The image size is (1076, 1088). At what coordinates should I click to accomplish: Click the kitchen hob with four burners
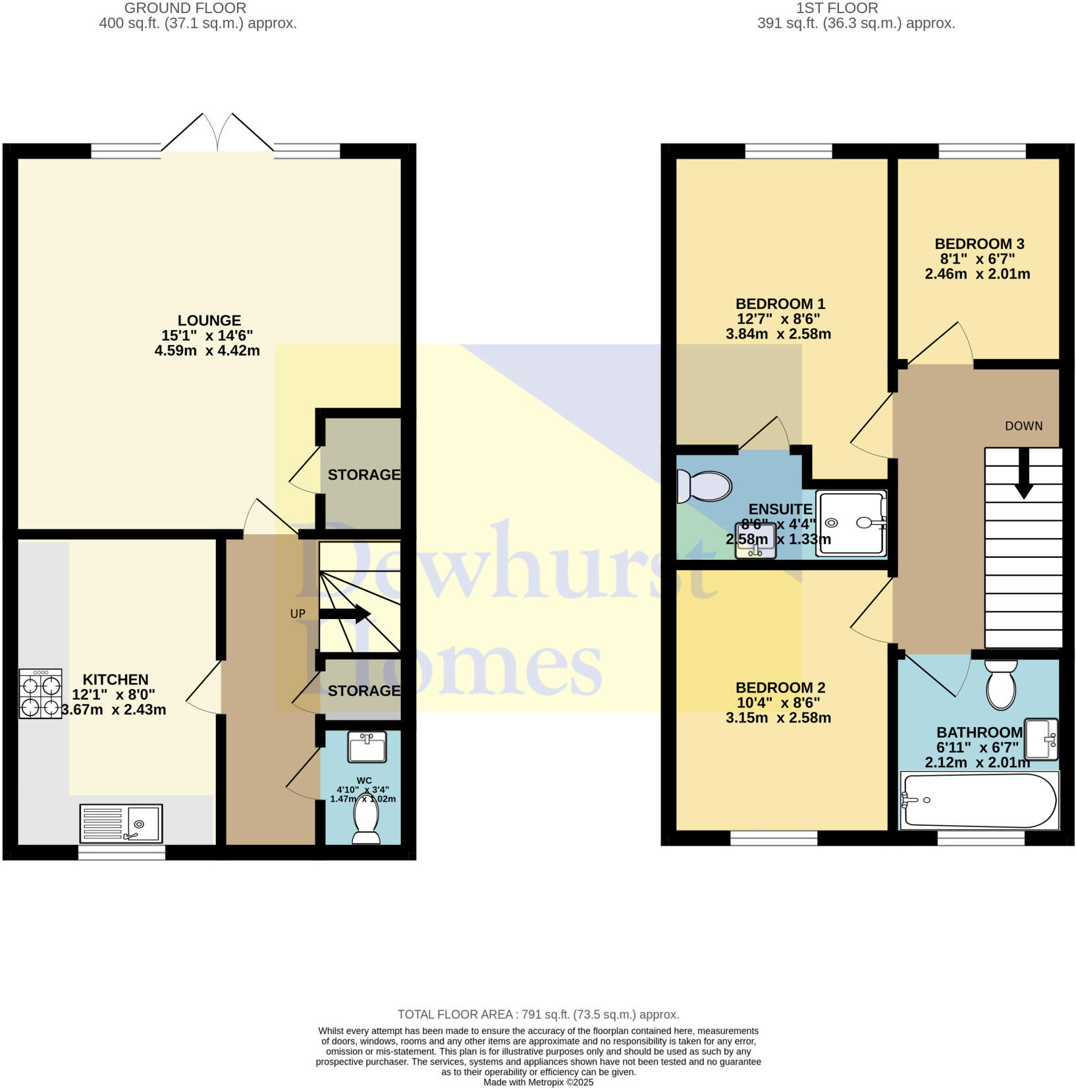(40, 694)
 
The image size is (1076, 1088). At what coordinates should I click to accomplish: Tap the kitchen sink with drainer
(121, 823)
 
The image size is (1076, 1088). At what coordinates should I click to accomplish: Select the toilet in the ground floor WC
(366, 820)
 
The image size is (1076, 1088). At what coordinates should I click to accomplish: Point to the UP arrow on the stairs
(345, 614)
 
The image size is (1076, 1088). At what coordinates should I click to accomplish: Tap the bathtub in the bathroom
(979, 800)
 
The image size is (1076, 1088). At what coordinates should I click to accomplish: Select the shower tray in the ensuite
(851, 523)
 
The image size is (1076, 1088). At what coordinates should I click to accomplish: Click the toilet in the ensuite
(704, 487)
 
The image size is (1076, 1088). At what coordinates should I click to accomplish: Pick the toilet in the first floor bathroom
(1001, 686)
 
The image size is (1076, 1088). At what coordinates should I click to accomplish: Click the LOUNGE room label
(209, 321)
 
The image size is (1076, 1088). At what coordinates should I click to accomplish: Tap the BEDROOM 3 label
(979, 244)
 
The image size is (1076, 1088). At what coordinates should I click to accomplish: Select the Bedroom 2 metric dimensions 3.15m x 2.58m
(778, 718)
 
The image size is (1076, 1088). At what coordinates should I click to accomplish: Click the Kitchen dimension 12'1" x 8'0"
(113, 694)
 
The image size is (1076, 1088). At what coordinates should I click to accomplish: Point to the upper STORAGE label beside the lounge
(363, 475)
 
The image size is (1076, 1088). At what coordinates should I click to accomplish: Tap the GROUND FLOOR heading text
(185, 9)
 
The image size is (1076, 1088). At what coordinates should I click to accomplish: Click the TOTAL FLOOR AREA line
(537, 1015)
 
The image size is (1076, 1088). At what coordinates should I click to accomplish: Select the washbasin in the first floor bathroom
(1042, 738)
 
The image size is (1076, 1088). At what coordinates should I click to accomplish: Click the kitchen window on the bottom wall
(122, 853)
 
